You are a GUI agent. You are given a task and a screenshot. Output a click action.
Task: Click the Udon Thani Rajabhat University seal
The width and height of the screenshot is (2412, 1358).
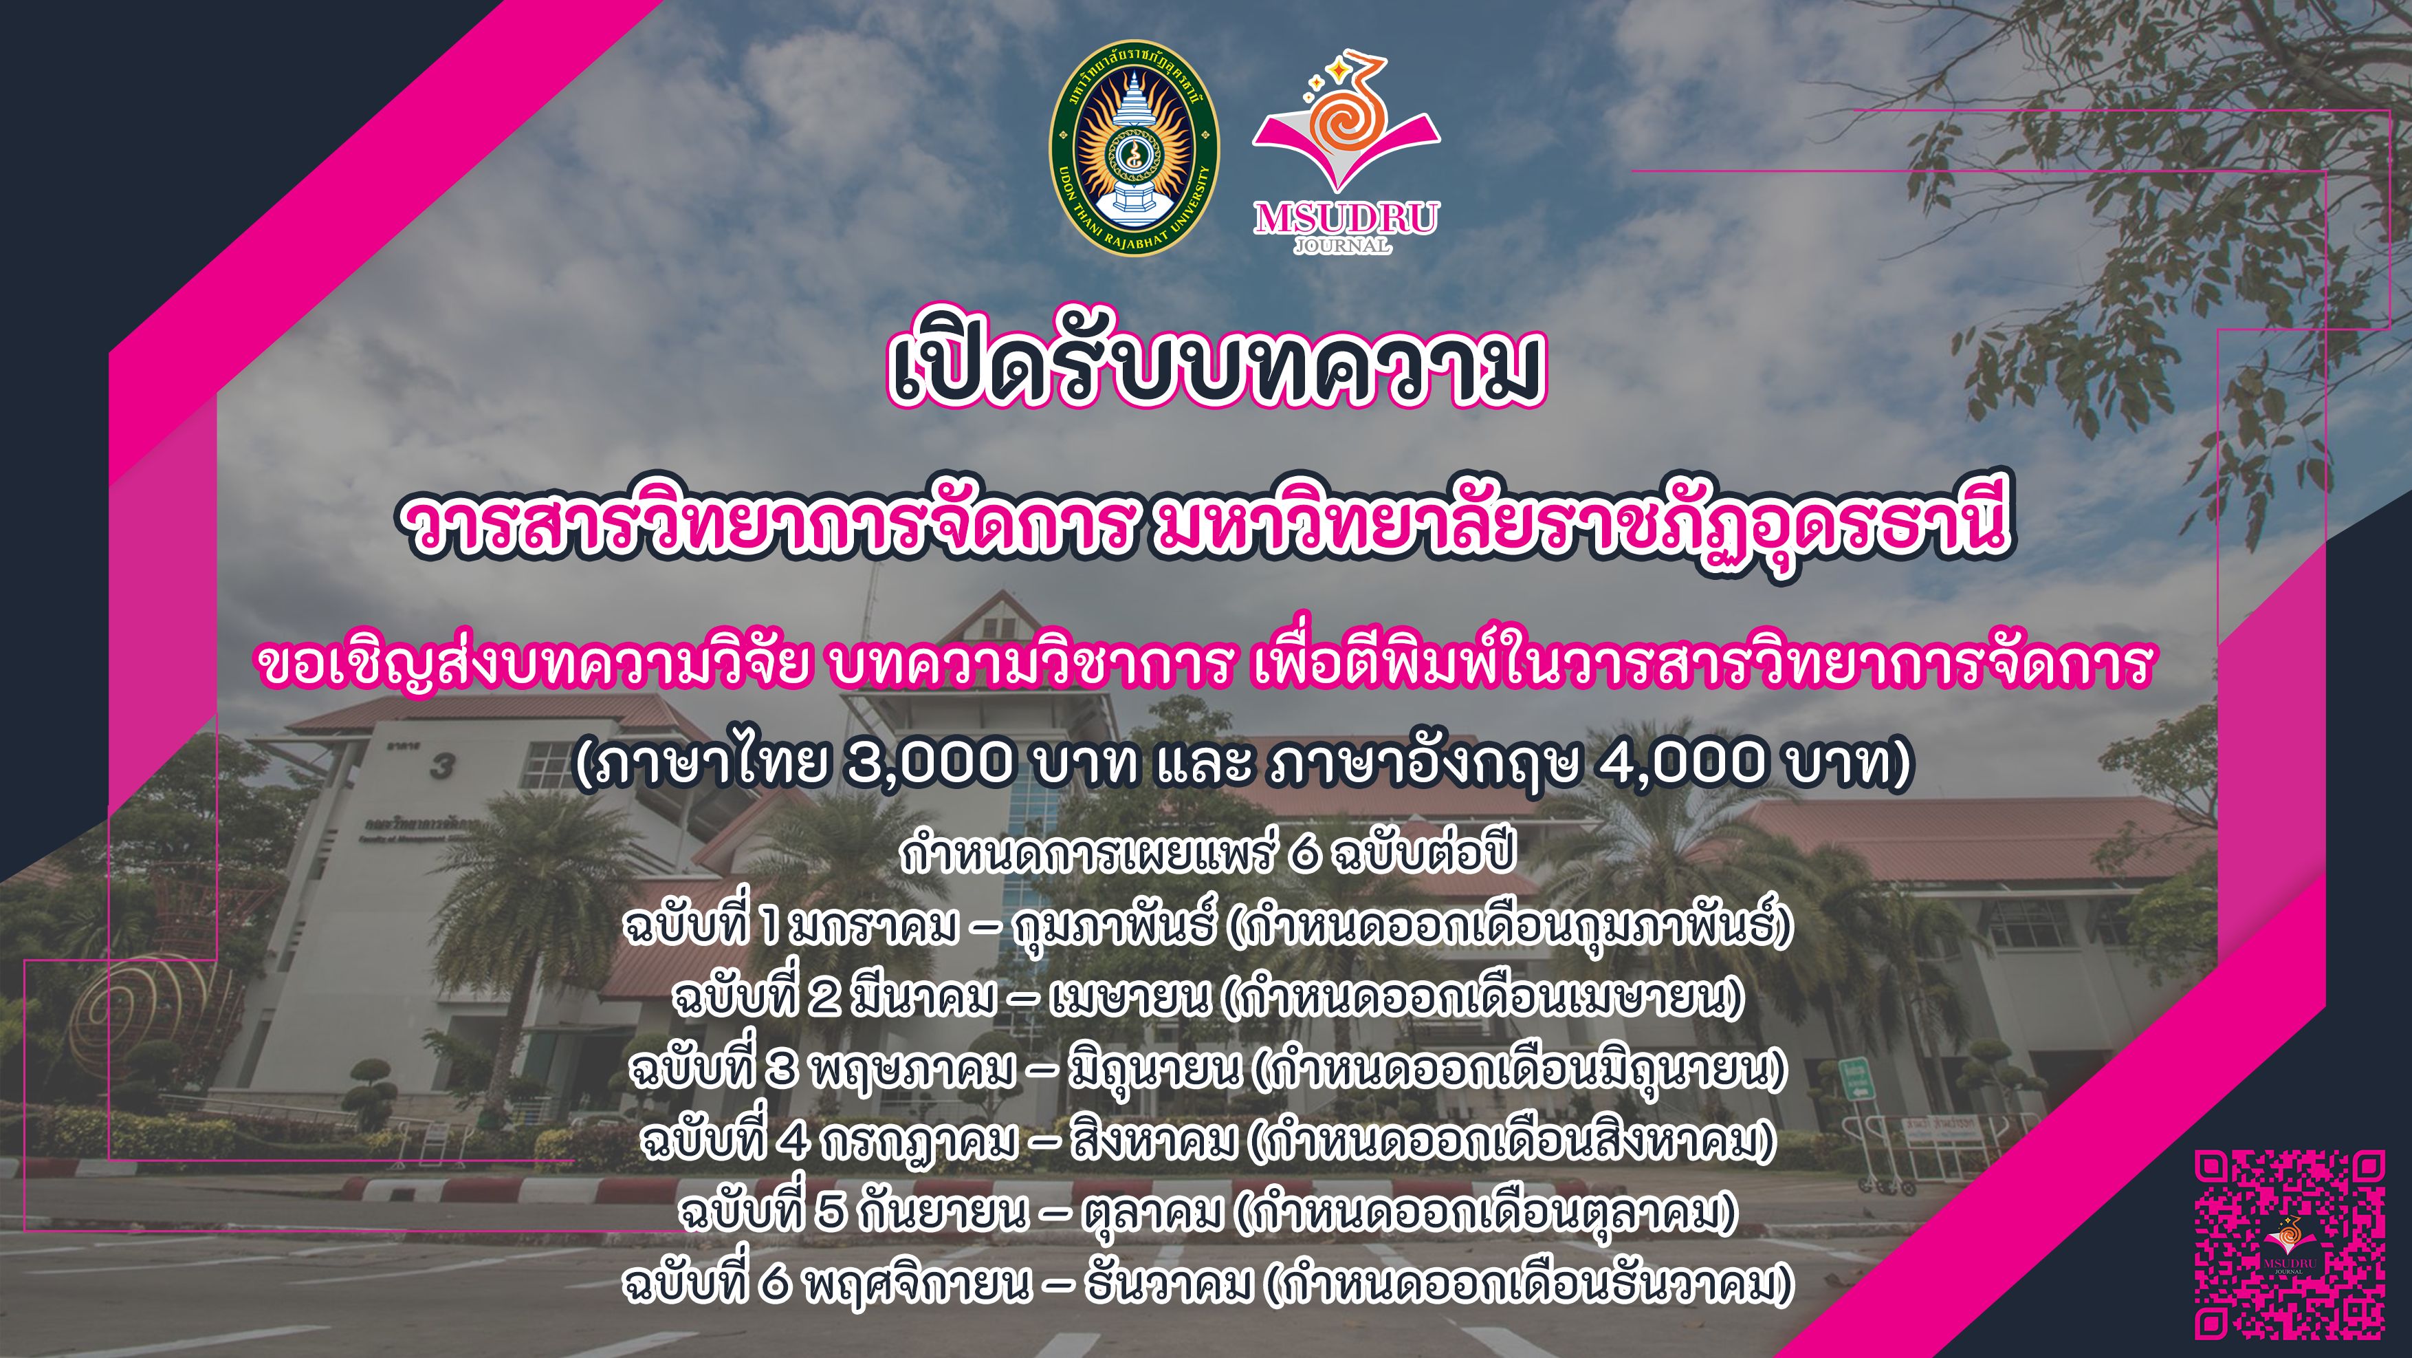(x=1134, y=148)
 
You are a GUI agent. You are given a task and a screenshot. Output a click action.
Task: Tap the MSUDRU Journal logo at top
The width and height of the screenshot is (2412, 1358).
(x=1346, y=153)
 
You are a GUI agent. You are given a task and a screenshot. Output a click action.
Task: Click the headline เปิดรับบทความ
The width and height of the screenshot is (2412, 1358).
(x=1216, y=360)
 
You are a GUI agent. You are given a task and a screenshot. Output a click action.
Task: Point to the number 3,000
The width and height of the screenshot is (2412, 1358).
(x=929, y=762)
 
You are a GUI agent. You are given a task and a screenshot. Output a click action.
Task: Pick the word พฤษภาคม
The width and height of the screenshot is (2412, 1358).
(x=913, y=1070)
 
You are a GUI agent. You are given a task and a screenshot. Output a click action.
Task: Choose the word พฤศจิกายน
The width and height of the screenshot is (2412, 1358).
(x=918, y=1283)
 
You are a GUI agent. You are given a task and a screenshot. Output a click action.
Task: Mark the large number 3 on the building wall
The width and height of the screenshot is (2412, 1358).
(x=442, y=766)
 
